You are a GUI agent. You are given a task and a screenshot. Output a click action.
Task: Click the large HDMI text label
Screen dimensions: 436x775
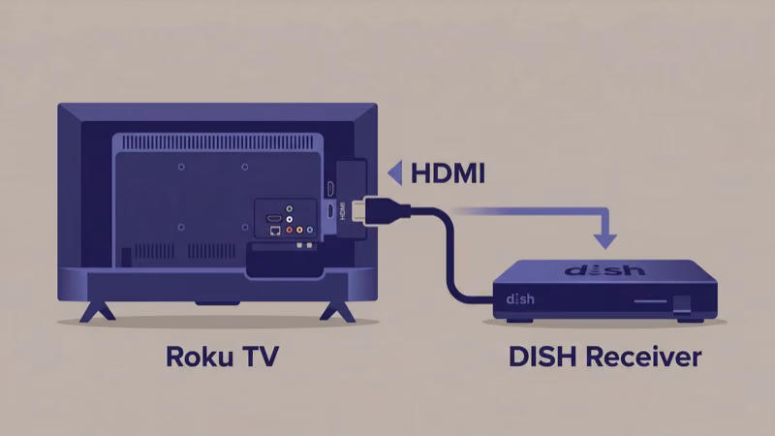(448, 173)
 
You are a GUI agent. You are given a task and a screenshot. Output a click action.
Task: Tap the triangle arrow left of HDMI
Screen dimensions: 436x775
(394, 173)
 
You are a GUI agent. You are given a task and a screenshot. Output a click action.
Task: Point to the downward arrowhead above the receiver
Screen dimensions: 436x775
(606, 238)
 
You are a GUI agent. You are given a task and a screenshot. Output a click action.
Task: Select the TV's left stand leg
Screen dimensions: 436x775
(96, 311)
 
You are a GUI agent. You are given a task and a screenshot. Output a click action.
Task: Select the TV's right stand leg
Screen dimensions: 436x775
(337, 311)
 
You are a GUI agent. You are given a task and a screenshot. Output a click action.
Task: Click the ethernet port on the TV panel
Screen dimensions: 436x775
(275, 231)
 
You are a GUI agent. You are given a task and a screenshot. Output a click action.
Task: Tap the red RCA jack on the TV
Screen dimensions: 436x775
(289, 231)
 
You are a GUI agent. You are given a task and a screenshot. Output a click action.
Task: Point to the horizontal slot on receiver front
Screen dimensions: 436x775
(650, 302)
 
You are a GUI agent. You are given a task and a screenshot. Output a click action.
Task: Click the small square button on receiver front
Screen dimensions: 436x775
(683, 302)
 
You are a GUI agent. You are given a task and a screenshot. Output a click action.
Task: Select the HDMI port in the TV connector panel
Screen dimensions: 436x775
(274, 217)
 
